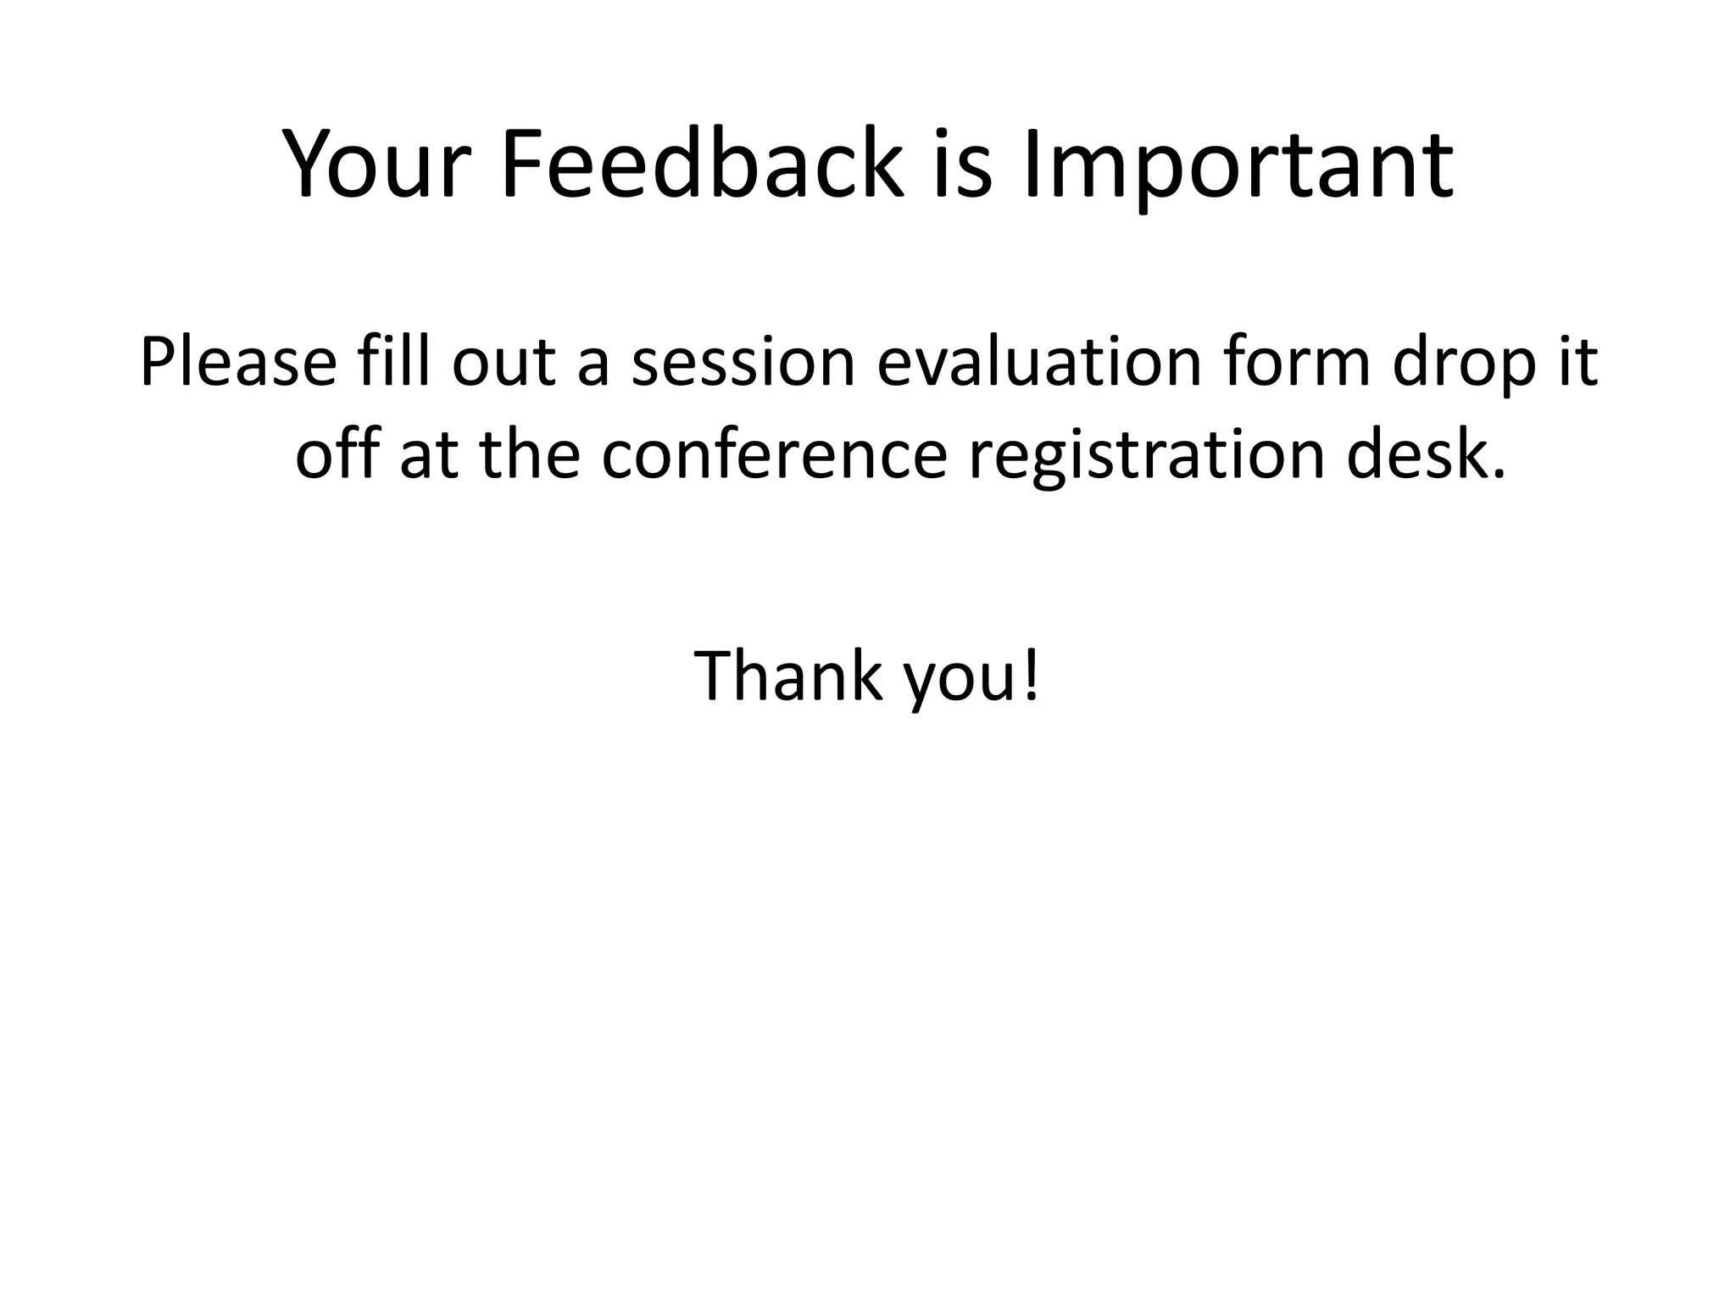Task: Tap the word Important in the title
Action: coord(1238,165)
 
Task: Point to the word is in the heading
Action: coord(962,165)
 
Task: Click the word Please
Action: coord(238,363)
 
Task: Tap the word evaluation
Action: coord(1039,363)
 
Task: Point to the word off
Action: coord(337,455)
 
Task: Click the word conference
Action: coord(774,455)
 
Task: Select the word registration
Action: coord(1147,455)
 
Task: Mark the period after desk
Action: coord(1499,475)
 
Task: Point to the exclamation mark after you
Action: coord(1030,676)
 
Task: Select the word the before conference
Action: coord(530,455)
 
